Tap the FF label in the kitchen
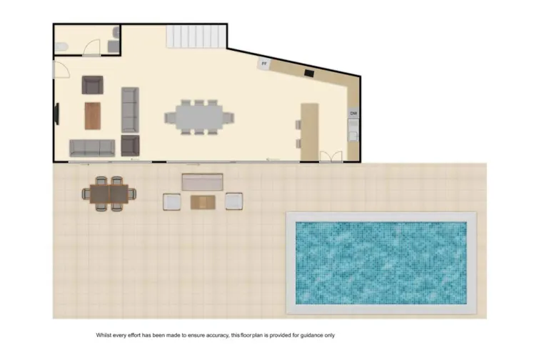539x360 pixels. [264, 64]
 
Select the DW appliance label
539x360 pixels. [353, 114]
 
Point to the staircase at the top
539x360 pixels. [196, 36]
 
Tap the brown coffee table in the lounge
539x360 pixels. [93, 115]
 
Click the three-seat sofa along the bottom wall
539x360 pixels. [92, 148]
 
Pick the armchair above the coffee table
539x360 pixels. [93, 86]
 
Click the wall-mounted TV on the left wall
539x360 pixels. [56, 114]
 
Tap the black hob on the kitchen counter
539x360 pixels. [309, 72]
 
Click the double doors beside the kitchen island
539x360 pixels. [330, 157]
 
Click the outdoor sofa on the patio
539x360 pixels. [203, 181]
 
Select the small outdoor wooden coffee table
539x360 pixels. [203, 202]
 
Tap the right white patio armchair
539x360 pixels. [234, 201]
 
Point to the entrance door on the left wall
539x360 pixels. [60, 70]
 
